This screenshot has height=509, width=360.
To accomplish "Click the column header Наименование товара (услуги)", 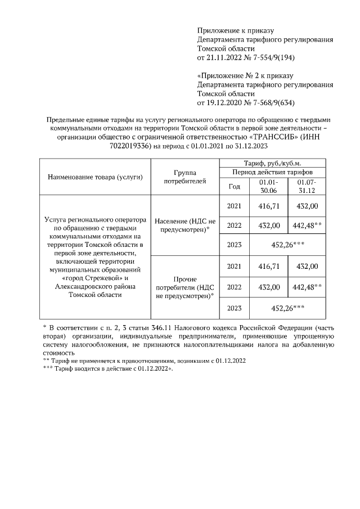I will (94, 177).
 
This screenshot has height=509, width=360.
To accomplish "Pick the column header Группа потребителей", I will (184, 177).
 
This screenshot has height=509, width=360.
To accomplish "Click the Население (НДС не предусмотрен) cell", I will (184, 225).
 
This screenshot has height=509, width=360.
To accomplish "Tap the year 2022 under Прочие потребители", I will (233, 287).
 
